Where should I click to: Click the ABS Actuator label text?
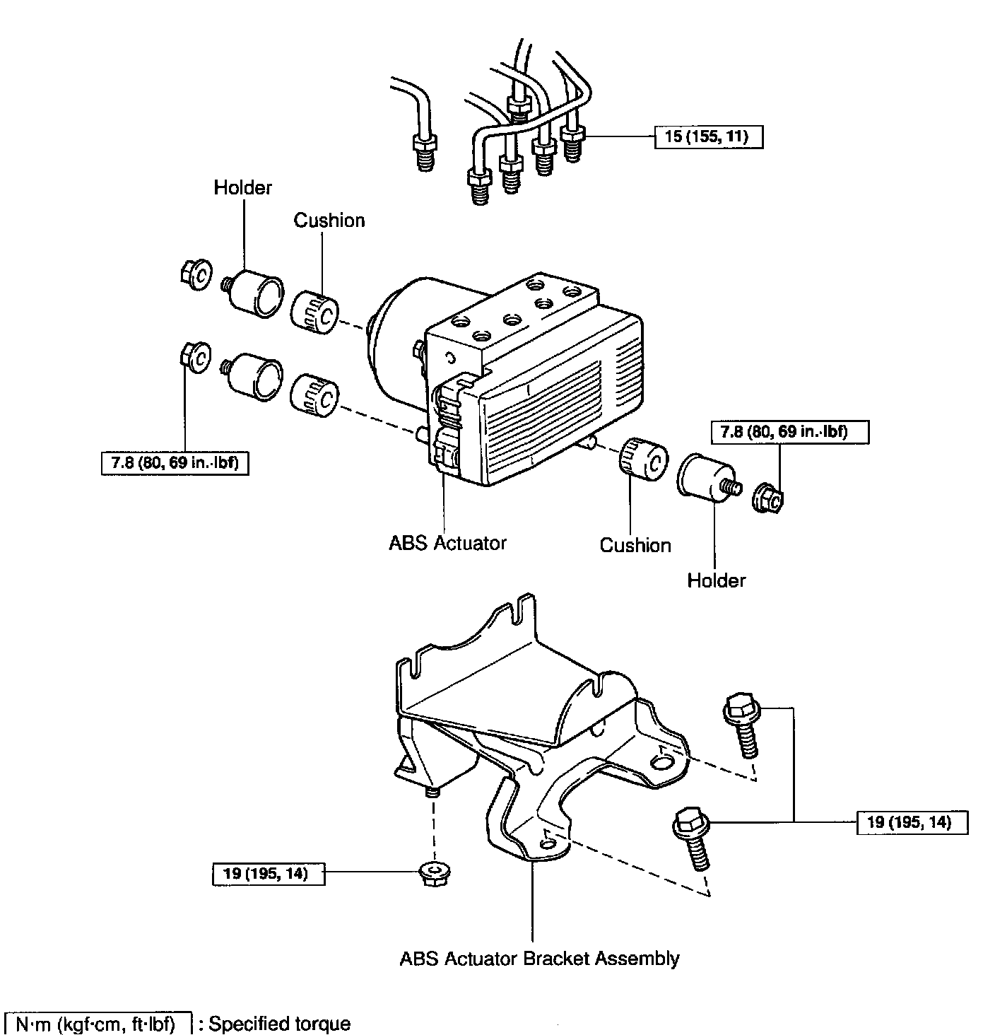(x=448, y=543)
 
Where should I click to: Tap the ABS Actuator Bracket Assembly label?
(x=539, y=959)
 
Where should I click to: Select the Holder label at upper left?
(x=242, y=188)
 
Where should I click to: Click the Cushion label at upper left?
(x=329, y=221)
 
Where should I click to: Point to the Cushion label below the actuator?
(x=635, y=545)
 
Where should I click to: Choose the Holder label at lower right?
(x=716, y=580)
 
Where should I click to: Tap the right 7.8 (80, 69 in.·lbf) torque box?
(x=789, y=431)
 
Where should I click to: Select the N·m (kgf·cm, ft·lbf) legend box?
(x=98, y=1024)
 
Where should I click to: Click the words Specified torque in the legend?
(x=279, y=1024)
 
